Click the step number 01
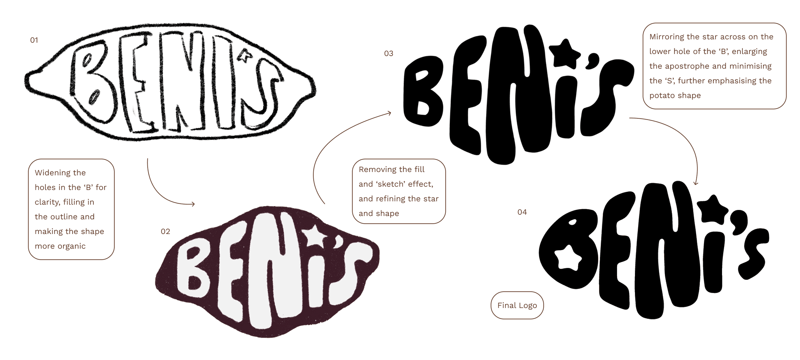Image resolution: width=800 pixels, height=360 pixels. click(34, 40)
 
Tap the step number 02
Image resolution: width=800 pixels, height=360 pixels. click(165, 231)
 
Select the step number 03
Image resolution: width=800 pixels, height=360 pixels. click(389, 53)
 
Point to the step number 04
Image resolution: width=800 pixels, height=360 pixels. click(522, 212)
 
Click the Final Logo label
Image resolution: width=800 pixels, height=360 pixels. click(517, 305)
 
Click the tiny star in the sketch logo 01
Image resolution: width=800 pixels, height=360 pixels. click(243, 57)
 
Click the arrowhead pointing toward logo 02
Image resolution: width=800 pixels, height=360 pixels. click(193, 204)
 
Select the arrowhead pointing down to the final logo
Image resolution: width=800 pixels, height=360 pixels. click(696, 183)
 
